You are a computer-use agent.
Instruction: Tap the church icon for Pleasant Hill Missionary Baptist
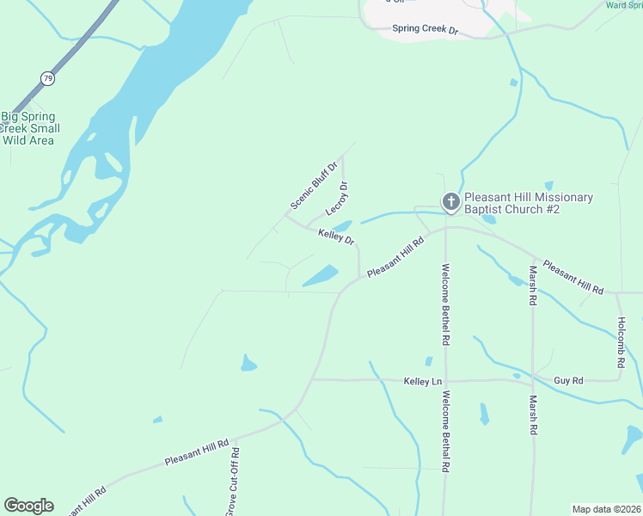coord(450,203)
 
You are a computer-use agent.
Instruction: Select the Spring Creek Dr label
coord(426,29)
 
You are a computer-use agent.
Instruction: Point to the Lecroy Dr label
coord(337,199)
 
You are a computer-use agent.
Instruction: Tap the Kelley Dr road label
coord(336,236)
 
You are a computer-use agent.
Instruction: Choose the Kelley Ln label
coord(423,381)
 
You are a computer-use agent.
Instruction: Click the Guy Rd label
coord(568,380)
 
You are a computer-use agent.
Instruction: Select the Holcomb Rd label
coord(620,343)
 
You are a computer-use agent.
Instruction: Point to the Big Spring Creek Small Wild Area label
coord(28,129)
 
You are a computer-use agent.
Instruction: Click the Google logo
coord(28,506)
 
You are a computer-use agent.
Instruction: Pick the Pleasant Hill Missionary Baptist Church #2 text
coord(528,203)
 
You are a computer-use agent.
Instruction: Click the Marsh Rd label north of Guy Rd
coord(533,286)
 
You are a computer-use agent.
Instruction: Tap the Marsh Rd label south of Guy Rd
coord(533,415)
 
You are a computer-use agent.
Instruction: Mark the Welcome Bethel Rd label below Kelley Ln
coord(446,432)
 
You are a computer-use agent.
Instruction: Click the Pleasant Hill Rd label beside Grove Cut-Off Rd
coord(197,453)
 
